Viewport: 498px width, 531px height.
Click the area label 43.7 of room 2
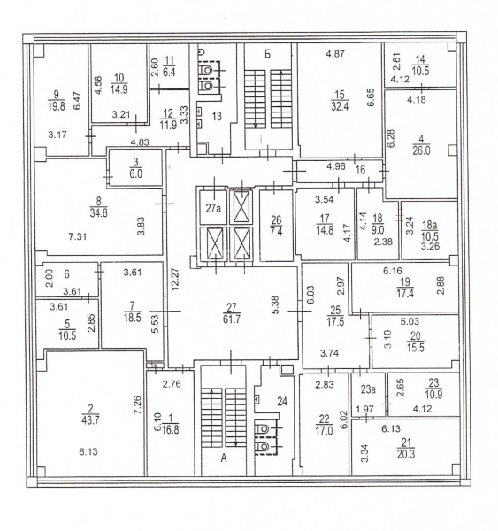90,420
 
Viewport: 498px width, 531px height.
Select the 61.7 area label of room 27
232,319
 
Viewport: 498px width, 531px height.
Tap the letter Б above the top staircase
267,54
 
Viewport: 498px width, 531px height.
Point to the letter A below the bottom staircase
224,458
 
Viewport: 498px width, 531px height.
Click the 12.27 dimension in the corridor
175,280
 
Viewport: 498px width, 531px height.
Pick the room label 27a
213,208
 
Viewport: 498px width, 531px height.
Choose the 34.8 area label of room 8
98,213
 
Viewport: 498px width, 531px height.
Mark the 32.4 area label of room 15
340,106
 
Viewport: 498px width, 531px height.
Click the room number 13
217,116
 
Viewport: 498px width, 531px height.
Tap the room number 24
282,401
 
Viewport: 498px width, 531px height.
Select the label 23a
368,389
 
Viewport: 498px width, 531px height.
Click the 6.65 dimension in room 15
371,97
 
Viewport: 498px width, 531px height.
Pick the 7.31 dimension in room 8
78,236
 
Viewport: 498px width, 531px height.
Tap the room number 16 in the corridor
361,169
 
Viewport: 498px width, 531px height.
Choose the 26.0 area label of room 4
421,150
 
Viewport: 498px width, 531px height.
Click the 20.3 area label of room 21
406,454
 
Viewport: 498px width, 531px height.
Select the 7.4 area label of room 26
276,232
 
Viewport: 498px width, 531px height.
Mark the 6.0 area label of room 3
135,173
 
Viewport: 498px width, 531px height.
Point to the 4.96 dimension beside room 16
336,166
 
